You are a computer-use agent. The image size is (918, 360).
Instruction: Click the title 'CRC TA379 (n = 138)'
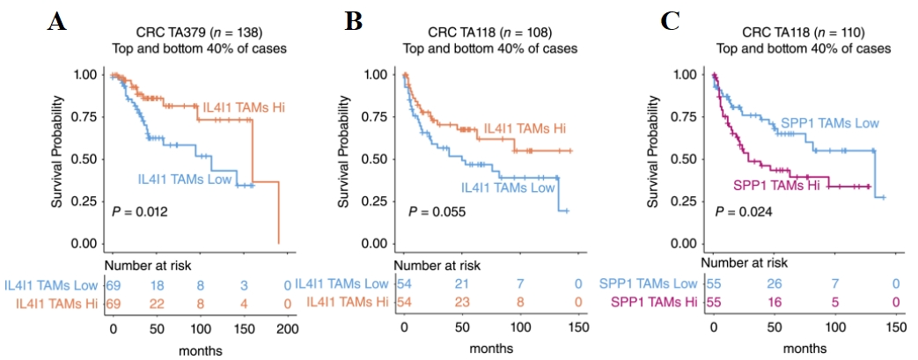pyautogui.click(x=199, y=33)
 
